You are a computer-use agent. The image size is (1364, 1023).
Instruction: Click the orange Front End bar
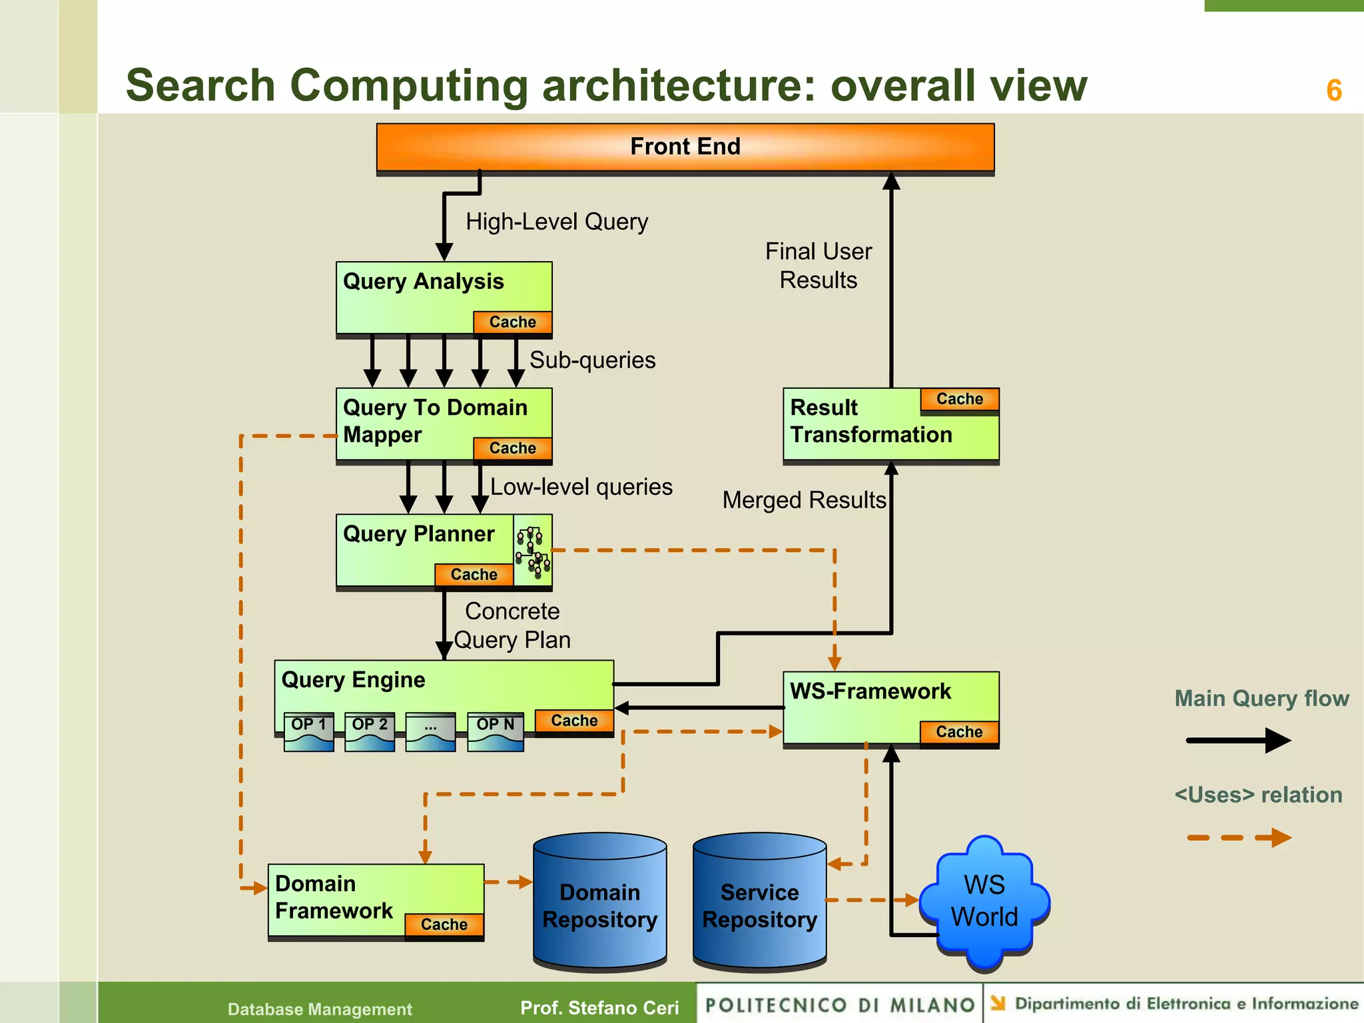point(685,147)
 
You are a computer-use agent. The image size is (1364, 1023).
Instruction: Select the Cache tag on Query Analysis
point(512,322)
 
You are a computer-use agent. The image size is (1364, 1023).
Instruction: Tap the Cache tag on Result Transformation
point(959,400)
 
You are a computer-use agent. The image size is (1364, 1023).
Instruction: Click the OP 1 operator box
point(308,731)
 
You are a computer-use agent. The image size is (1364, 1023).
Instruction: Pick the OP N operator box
point(495,731)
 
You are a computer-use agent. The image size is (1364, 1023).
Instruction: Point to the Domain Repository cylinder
point(599,902)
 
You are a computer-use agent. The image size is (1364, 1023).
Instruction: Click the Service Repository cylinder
point(759,902)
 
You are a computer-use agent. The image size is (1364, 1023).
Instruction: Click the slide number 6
point(1333,91)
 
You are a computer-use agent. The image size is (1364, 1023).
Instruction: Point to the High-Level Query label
point(556,222)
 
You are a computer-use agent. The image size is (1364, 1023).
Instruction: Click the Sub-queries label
point(592,360)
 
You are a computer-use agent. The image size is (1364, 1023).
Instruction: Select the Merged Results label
point(804,500)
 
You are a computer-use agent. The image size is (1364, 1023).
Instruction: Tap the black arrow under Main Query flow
point(1237,740)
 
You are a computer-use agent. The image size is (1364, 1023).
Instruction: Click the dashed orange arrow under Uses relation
point(1237,837)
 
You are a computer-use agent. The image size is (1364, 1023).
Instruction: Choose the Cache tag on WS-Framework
point(959,732)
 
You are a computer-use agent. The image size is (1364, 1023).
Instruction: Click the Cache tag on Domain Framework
point(444,924)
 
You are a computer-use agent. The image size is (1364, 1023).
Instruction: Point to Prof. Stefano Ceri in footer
point(599,1008)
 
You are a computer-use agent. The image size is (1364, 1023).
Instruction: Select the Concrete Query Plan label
point(512,625)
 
